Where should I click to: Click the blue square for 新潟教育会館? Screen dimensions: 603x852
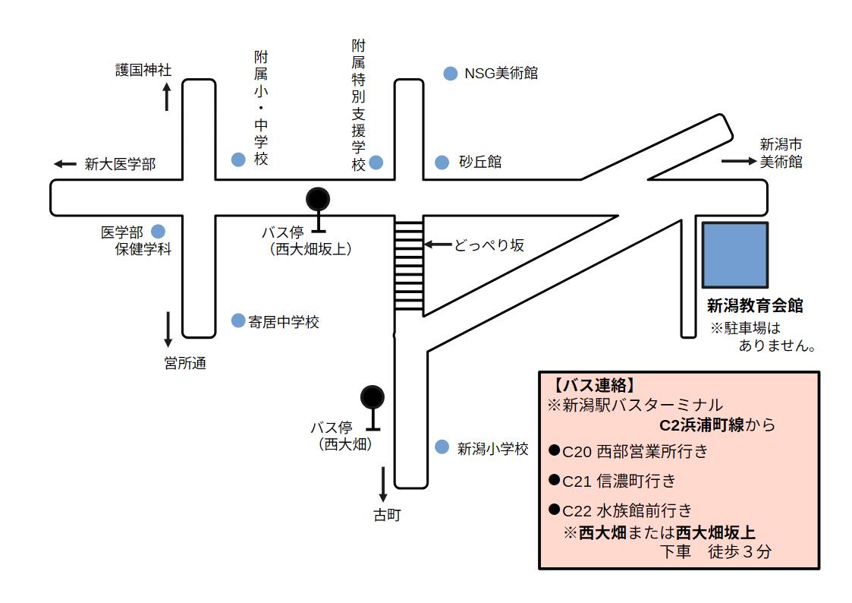click(734, 254)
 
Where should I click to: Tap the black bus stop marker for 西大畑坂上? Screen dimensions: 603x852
click(318, 200)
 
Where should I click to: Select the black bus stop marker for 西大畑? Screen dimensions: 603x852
click(372, 396)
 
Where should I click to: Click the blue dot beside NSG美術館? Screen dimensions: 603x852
click(450, 74)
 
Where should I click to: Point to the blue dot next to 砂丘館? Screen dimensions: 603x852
click(442, 163)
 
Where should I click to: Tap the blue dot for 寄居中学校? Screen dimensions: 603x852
click(238, 320)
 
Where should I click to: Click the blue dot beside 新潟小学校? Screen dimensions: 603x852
click(442, 447)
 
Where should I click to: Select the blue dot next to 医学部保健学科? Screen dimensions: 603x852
click(159, 231)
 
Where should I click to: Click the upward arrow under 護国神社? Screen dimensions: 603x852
click(167, 97)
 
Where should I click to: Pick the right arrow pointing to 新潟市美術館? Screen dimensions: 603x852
click(734, 161)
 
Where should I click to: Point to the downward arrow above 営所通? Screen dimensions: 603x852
click(168, 330)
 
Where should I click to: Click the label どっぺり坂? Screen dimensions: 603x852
click(489, 245)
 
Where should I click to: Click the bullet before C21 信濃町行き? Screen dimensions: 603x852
click(554, 480)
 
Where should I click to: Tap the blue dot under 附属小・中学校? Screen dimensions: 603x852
click(238, 159)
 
